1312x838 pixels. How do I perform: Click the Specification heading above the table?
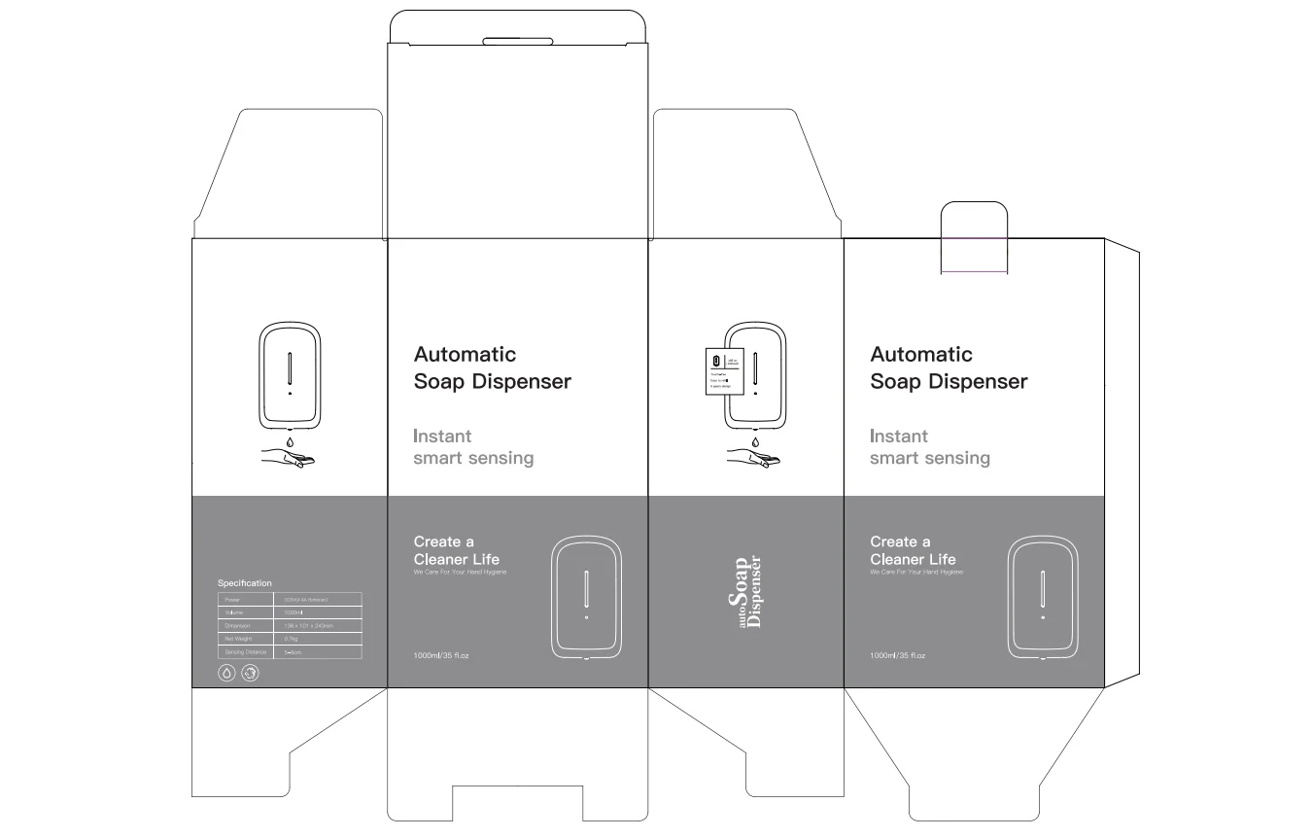[x=245, y=583]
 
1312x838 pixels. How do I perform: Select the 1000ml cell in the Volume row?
[x=294, y=612]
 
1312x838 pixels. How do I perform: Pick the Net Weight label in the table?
[x=239, y=639]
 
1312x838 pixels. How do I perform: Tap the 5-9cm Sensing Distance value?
[x=293, y=652]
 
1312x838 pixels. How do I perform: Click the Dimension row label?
[x=238, y=626]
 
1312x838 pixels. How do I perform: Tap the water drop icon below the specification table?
[x=226, y=673]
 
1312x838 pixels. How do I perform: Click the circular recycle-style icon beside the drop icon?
[x=250, y=673]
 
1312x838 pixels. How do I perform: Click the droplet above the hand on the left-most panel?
[x=290, y=441]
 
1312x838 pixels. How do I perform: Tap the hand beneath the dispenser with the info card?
[x=754, y=456]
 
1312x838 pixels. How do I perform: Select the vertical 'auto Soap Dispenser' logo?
[x=744, y=591]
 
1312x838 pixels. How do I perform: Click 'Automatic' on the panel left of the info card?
[x=465, y=355]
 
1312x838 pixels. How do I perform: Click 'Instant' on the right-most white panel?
[x=899, y=436]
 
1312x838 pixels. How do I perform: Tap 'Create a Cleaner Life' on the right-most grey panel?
[x=913, y=550]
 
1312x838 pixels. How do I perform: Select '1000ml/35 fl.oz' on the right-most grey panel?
[x=897, y=656]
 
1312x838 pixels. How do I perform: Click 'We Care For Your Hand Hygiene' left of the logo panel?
[x=460, y=573]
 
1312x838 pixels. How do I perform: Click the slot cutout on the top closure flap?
[x=518, y=42]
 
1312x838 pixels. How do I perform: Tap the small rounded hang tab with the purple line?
[x=975, y=238]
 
